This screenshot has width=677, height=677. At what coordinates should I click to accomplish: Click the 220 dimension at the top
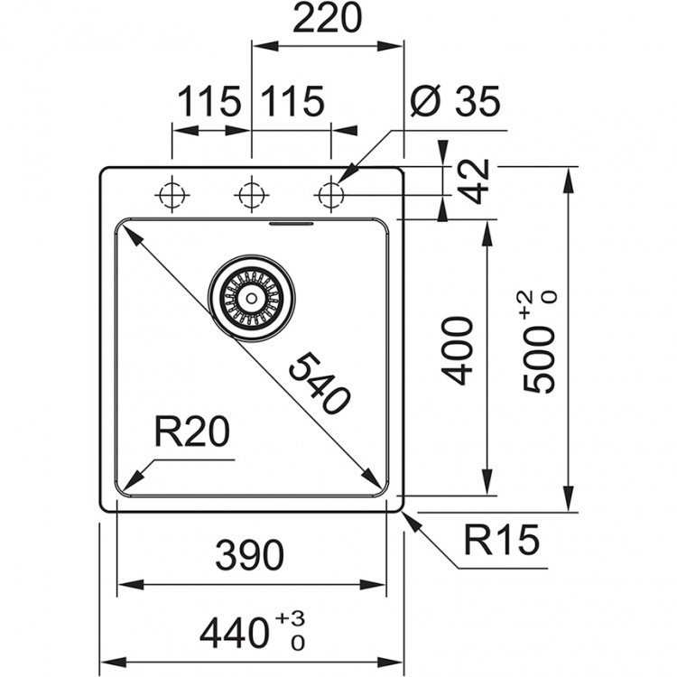327,18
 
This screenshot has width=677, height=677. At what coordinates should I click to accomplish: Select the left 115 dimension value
209,102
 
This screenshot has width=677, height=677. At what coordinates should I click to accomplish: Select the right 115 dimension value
292,102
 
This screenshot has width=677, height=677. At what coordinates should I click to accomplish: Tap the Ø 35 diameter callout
453,102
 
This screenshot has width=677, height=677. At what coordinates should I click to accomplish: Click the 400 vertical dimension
459,350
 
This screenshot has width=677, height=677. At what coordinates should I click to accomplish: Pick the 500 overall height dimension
539,355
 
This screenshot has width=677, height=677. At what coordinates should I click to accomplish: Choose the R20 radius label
190,434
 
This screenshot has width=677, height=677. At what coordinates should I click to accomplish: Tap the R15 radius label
502,542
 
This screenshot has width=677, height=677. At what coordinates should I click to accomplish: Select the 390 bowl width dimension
249,555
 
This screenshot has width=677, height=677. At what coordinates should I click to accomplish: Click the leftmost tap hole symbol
171,194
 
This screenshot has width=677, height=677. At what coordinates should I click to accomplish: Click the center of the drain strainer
251,297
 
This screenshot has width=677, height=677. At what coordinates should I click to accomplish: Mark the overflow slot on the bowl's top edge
291,221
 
